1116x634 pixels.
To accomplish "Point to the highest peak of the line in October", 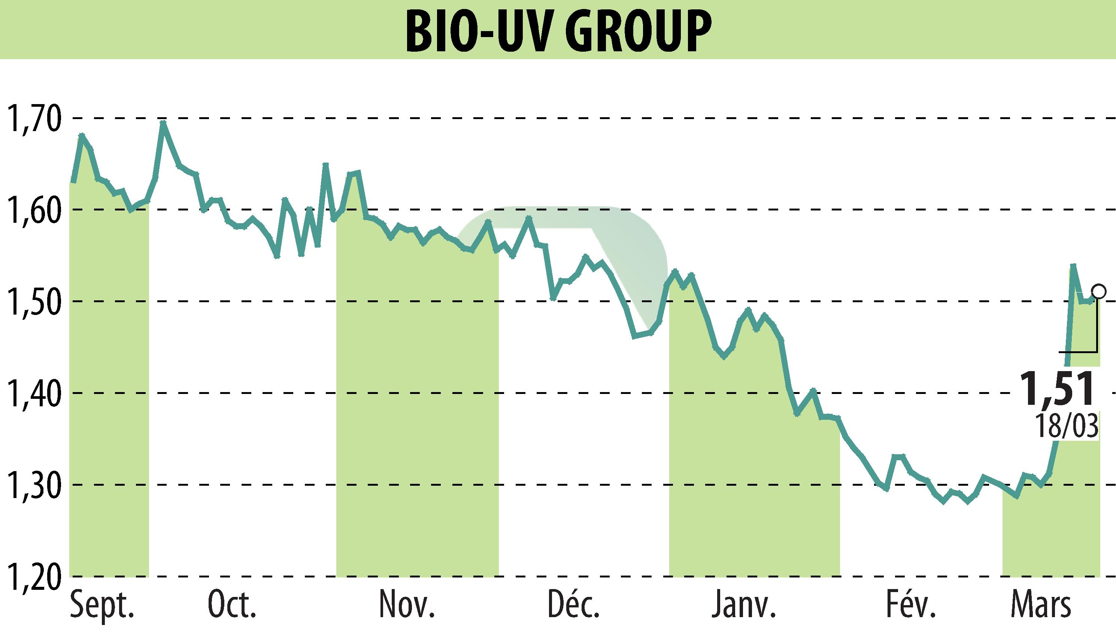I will pos(163,122).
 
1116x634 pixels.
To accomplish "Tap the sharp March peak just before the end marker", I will pos(1073,265).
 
